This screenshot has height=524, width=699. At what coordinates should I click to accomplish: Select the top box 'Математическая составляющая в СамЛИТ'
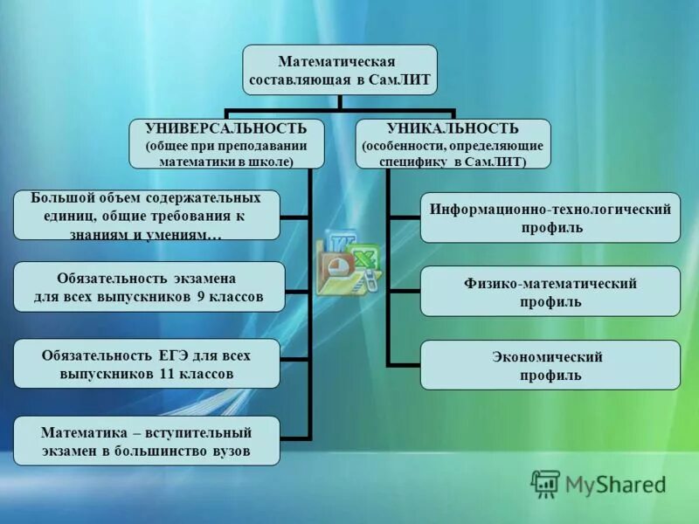pyautogui.click(x=339, y=72)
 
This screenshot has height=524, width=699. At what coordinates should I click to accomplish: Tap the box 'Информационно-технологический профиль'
pyautogui.click(x=550, y=218)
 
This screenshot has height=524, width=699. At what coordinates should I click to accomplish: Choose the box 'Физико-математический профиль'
pyautogui.click(x=550, y=292)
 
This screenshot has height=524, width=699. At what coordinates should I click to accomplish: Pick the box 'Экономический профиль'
pyautogui.click(x=550, y=365)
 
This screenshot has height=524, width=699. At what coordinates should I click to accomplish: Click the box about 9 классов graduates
pyautogui.click(x=149, y=286)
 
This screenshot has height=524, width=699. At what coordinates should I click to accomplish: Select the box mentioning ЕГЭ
pyautogui.click(x=147, y=363)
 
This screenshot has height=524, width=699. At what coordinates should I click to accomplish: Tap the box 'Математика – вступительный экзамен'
pyautogui.click(x=147, y=440)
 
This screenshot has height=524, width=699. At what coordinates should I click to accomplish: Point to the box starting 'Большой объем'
pyautogui.click(x=147, y=215)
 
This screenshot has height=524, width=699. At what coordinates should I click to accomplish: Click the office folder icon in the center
pyautogui.click(x=347, y=262)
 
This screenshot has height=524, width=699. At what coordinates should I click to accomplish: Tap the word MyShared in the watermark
pyautogui.click(x=616, y=484)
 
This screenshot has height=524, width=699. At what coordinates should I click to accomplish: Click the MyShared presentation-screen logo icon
pyautogui.click(x=546, y=484)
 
